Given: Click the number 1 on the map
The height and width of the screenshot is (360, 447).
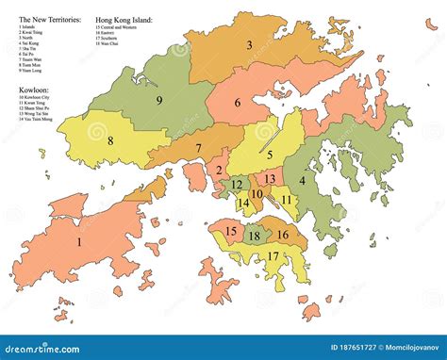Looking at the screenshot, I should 79,241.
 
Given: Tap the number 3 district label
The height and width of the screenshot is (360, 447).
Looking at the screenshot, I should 249,44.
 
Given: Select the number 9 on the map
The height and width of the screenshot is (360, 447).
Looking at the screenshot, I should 159,100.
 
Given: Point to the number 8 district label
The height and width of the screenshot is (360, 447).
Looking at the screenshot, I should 110,141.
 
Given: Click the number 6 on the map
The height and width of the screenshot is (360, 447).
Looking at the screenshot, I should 238,103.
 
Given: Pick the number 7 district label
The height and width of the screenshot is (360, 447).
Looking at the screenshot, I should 198,149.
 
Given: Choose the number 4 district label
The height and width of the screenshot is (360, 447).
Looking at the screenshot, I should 303,180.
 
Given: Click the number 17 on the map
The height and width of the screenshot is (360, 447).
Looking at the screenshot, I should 273,255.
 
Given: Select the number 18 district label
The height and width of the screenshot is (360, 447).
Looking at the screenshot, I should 254,237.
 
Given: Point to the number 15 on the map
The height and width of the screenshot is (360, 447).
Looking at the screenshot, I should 231,231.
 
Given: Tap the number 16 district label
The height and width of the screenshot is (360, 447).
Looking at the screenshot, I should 281,235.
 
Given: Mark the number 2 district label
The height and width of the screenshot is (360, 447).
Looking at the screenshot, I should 219,171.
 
